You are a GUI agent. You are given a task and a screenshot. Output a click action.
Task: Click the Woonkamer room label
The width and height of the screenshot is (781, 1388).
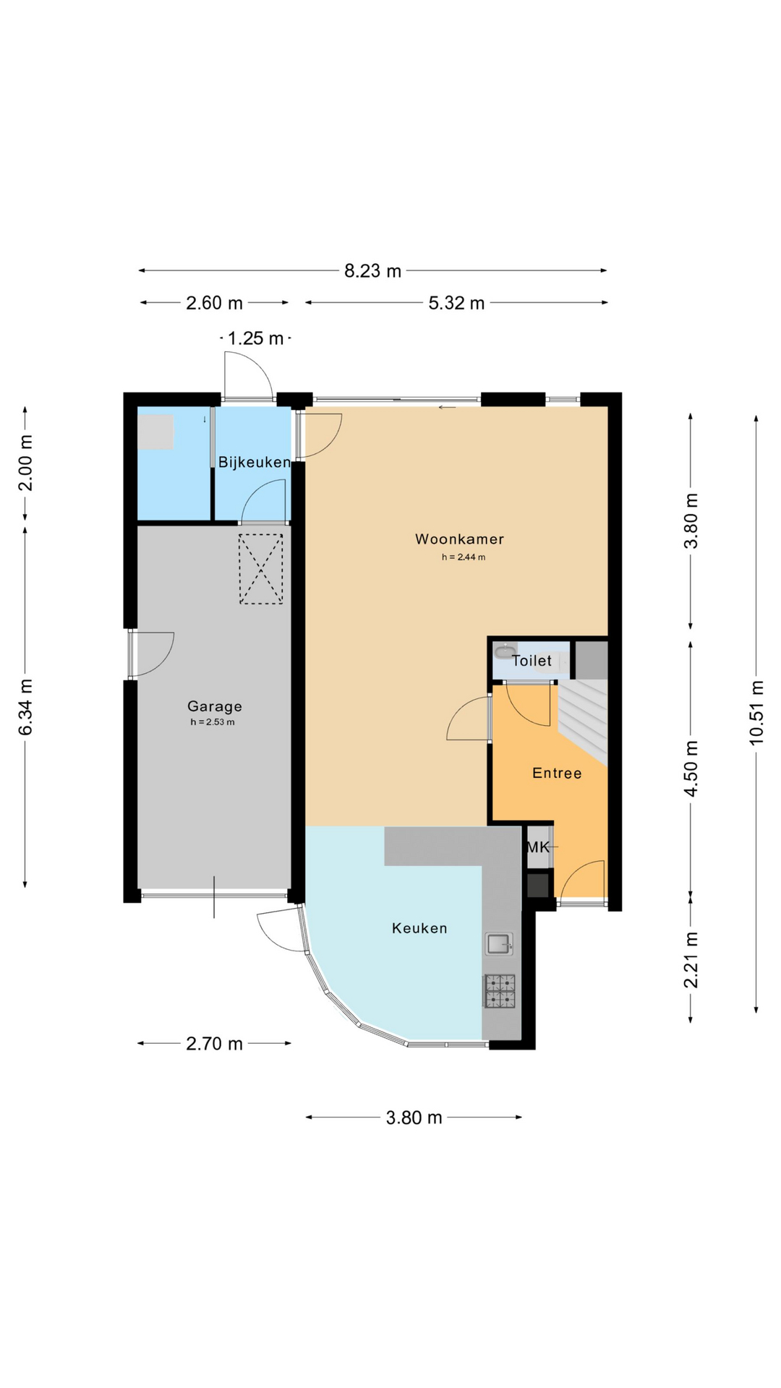pyautogui.click(x=459, y=539)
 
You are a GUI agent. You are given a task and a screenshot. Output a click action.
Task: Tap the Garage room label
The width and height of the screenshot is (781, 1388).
pyautogui.click(x=215, y=707)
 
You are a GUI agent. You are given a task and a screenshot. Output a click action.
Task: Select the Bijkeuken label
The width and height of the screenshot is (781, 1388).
pyautogui.click(x=255, y=463)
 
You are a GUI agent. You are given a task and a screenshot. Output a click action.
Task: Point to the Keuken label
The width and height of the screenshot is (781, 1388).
pyautogui.click(x=419, y=928)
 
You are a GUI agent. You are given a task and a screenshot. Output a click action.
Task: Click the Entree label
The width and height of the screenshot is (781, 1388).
pyautogui.click(x=557, y=774)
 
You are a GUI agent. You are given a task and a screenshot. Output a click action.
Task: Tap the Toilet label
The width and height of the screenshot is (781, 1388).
pyautogui.click(x=532, y=661)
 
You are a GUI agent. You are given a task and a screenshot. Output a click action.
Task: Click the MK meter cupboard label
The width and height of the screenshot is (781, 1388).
pyautogui.click(x=538, y=847)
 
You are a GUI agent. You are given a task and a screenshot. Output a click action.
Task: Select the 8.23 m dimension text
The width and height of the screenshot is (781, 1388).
pyautogui.click(x=372, y=271)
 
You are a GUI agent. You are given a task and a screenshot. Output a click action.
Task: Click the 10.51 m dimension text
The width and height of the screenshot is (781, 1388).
pyautogui.click(x=756, y=712)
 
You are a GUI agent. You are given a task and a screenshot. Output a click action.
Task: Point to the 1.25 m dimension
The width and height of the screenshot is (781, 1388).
pyautogui.click(x=255, y=338)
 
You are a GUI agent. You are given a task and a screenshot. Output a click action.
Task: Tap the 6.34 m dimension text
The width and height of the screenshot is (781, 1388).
pyautogui.click(x=25, y=707)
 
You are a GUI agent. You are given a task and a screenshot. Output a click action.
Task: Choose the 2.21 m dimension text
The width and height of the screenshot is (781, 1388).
pyautogui.click(x=691, y=960)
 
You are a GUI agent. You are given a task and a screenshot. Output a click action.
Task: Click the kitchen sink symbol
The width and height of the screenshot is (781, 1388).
pyautogui.click(x=498, y=943)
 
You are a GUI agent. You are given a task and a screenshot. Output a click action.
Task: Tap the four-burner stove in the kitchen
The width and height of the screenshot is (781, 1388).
pyautogui.click(x=500, y=991)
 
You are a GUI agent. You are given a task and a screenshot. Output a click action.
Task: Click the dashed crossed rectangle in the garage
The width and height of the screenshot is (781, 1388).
pyautogui.click(x=261, y=569)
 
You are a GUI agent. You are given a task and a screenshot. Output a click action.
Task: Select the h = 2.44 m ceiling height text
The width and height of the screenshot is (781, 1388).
pyautogui.click(x=464, y=557)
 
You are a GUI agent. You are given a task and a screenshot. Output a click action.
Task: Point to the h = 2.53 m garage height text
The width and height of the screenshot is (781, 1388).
pyautogui.click(x=213, y=722)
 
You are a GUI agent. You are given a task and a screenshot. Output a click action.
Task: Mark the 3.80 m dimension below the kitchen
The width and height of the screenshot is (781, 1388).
pyautogui.click(x=414, y=1118)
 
